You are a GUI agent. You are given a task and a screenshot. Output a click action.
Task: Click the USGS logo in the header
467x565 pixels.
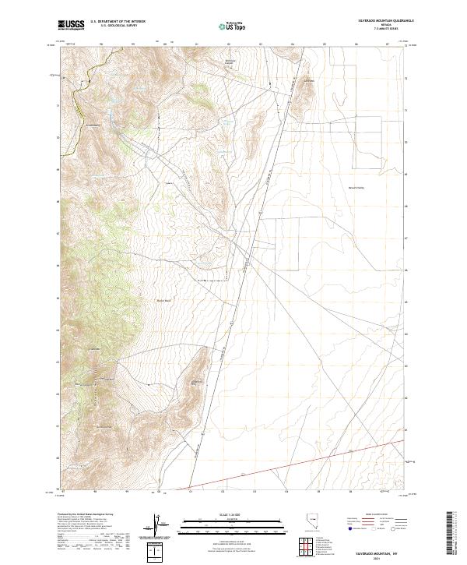pos(71,25)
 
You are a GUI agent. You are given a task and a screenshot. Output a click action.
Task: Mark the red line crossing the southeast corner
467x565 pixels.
pos(311,464)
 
